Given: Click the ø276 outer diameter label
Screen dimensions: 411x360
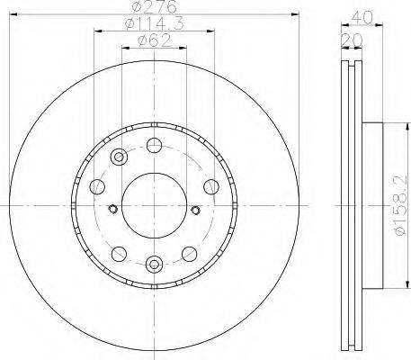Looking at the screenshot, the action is coord(154,6).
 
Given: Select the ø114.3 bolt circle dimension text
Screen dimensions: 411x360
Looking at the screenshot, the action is coord(154,23).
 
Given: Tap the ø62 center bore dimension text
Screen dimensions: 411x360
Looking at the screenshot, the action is coord(154,40).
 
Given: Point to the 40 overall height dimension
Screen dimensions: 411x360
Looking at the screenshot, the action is coord(362,17).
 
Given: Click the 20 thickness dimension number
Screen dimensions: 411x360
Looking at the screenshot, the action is coord(352,40).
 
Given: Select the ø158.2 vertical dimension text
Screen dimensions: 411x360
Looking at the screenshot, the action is coord(401,206).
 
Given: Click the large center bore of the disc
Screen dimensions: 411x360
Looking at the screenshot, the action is coord(154,205).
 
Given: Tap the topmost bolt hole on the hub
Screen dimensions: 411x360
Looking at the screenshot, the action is coord(154,145).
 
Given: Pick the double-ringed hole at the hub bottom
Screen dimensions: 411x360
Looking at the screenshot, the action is coord(154,264).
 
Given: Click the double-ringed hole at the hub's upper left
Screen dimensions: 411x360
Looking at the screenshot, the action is coord(119,157).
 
